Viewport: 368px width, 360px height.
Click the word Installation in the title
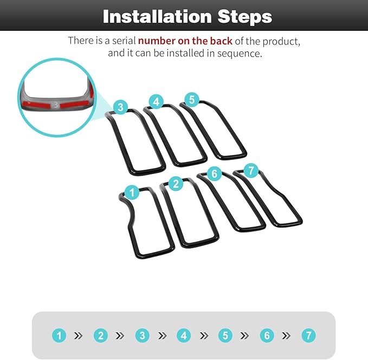coord(157,16)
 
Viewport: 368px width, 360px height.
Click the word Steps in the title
coord(245,17)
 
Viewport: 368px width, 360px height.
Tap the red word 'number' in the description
coord(156,41)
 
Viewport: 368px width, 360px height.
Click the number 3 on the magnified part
coord(56,105)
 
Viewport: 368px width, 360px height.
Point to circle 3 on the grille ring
coord(121,107)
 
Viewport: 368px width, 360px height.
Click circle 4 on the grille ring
coord(156,102)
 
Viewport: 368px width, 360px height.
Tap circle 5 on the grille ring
coord(192,100)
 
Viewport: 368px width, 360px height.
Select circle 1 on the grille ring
coord(132,192)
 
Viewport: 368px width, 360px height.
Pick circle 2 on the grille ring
coord(176,184)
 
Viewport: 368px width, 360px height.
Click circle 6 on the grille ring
coord(215,174)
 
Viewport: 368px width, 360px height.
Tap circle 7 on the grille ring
coord(251,170)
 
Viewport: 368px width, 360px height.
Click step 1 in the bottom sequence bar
coord(59,336)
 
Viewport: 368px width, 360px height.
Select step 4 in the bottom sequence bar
coord(184,336)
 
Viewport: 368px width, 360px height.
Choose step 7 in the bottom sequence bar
coord(308,336)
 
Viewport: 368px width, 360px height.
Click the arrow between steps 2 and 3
coord(120,336)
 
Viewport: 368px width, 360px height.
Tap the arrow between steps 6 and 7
coord(286,336)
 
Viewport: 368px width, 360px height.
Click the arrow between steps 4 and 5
coord(203,336)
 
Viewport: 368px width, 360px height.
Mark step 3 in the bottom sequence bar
coord(142,336)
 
